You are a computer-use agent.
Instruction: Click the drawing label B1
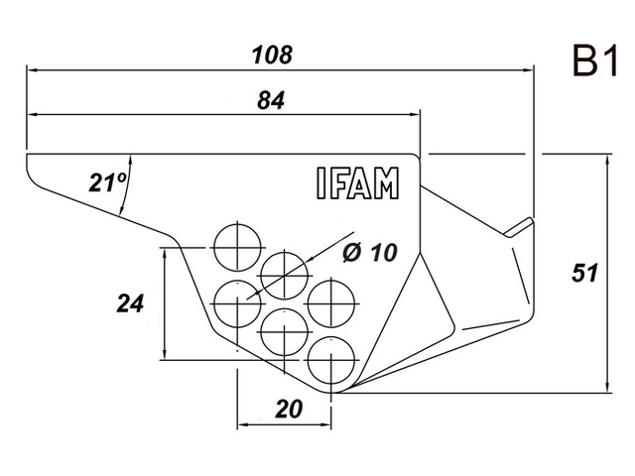[594, 63]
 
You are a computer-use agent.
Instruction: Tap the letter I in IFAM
[320, 183]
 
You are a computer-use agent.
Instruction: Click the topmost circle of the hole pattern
[237, 243]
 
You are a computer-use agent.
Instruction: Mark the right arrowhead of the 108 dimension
[528, 70]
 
